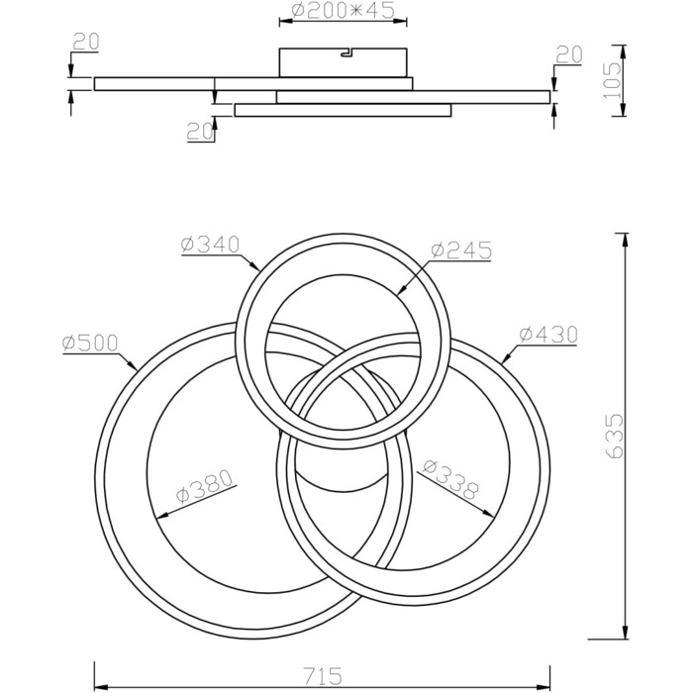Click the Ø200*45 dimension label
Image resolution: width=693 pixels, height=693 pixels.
click(343, 11)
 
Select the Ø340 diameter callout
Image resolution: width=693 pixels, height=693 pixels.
click(210, 244)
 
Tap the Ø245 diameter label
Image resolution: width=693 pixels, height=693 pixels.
click(461, 250)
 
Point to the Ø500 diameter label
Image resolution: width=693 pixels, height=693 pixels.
click(90, 343)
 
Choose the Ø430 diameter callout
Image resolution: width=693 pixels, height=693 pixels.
click(548, 335)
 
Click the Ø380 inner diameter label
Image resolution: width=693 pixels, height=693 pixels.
click(204, 486)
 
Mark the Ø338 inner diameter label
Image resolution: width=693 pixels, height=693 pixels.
click(450, 479)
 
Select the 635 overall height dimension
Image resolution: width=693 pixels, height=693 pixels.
click(615, 436)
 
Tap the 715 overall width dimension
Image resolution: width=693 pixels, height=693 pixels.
click(323, 676)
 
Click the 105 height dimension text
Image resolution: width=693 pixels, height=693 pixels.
click(612, 80)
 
